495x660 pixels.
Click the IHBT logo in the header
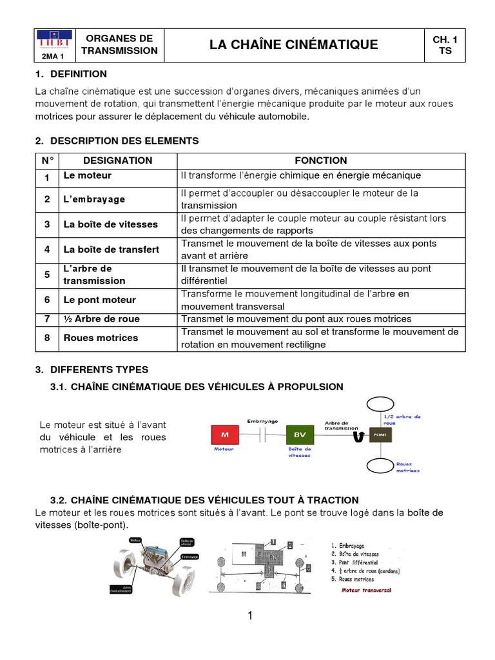(53, 42)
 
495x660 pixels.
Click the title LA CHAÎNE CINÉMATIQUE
(294, 44)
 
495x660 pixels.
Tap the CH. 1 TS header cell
(445, 44)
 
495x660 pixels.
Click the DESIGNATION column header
(118, 160)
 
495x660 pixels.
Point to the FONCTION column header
(320, 160)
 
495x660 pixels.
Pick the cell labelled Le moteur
(87, 175)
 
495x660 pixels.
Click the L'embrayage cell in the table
(94, 199)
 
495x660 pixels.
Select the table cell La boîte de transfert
(111, 249)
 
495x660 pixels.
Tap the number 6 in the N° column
(47, 300)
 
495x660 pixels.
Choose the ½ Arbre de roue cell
(101, 319)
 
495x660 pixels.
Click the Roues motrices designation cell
(101, 338)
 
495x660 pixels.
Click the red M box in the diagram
(225, 434)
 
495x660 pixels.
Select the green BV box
(300, 434)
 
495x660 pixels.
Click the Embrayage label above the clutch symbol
(262, 421)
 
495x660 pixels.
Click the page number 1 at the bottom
(249, 616)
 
